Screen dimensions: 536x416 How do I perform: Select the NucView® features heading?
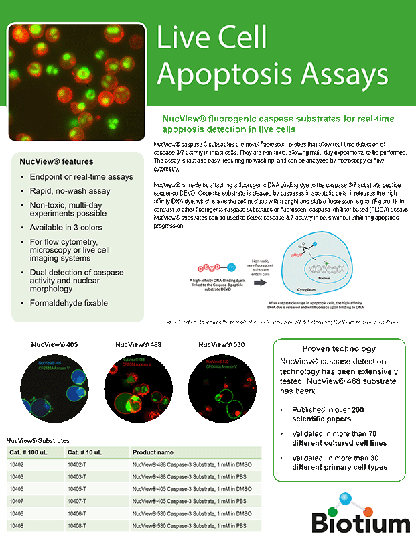56,162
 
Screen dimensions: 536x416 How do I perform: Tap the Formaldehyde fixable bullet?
68,303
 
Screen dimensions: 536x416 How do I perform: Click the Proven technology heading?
338,349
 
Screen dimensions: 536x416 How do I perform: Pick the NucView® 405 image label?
54,344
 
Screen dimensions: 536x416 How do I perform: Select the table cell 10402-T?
80,464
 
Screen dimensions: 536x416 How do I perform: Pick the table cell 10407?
17,500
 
